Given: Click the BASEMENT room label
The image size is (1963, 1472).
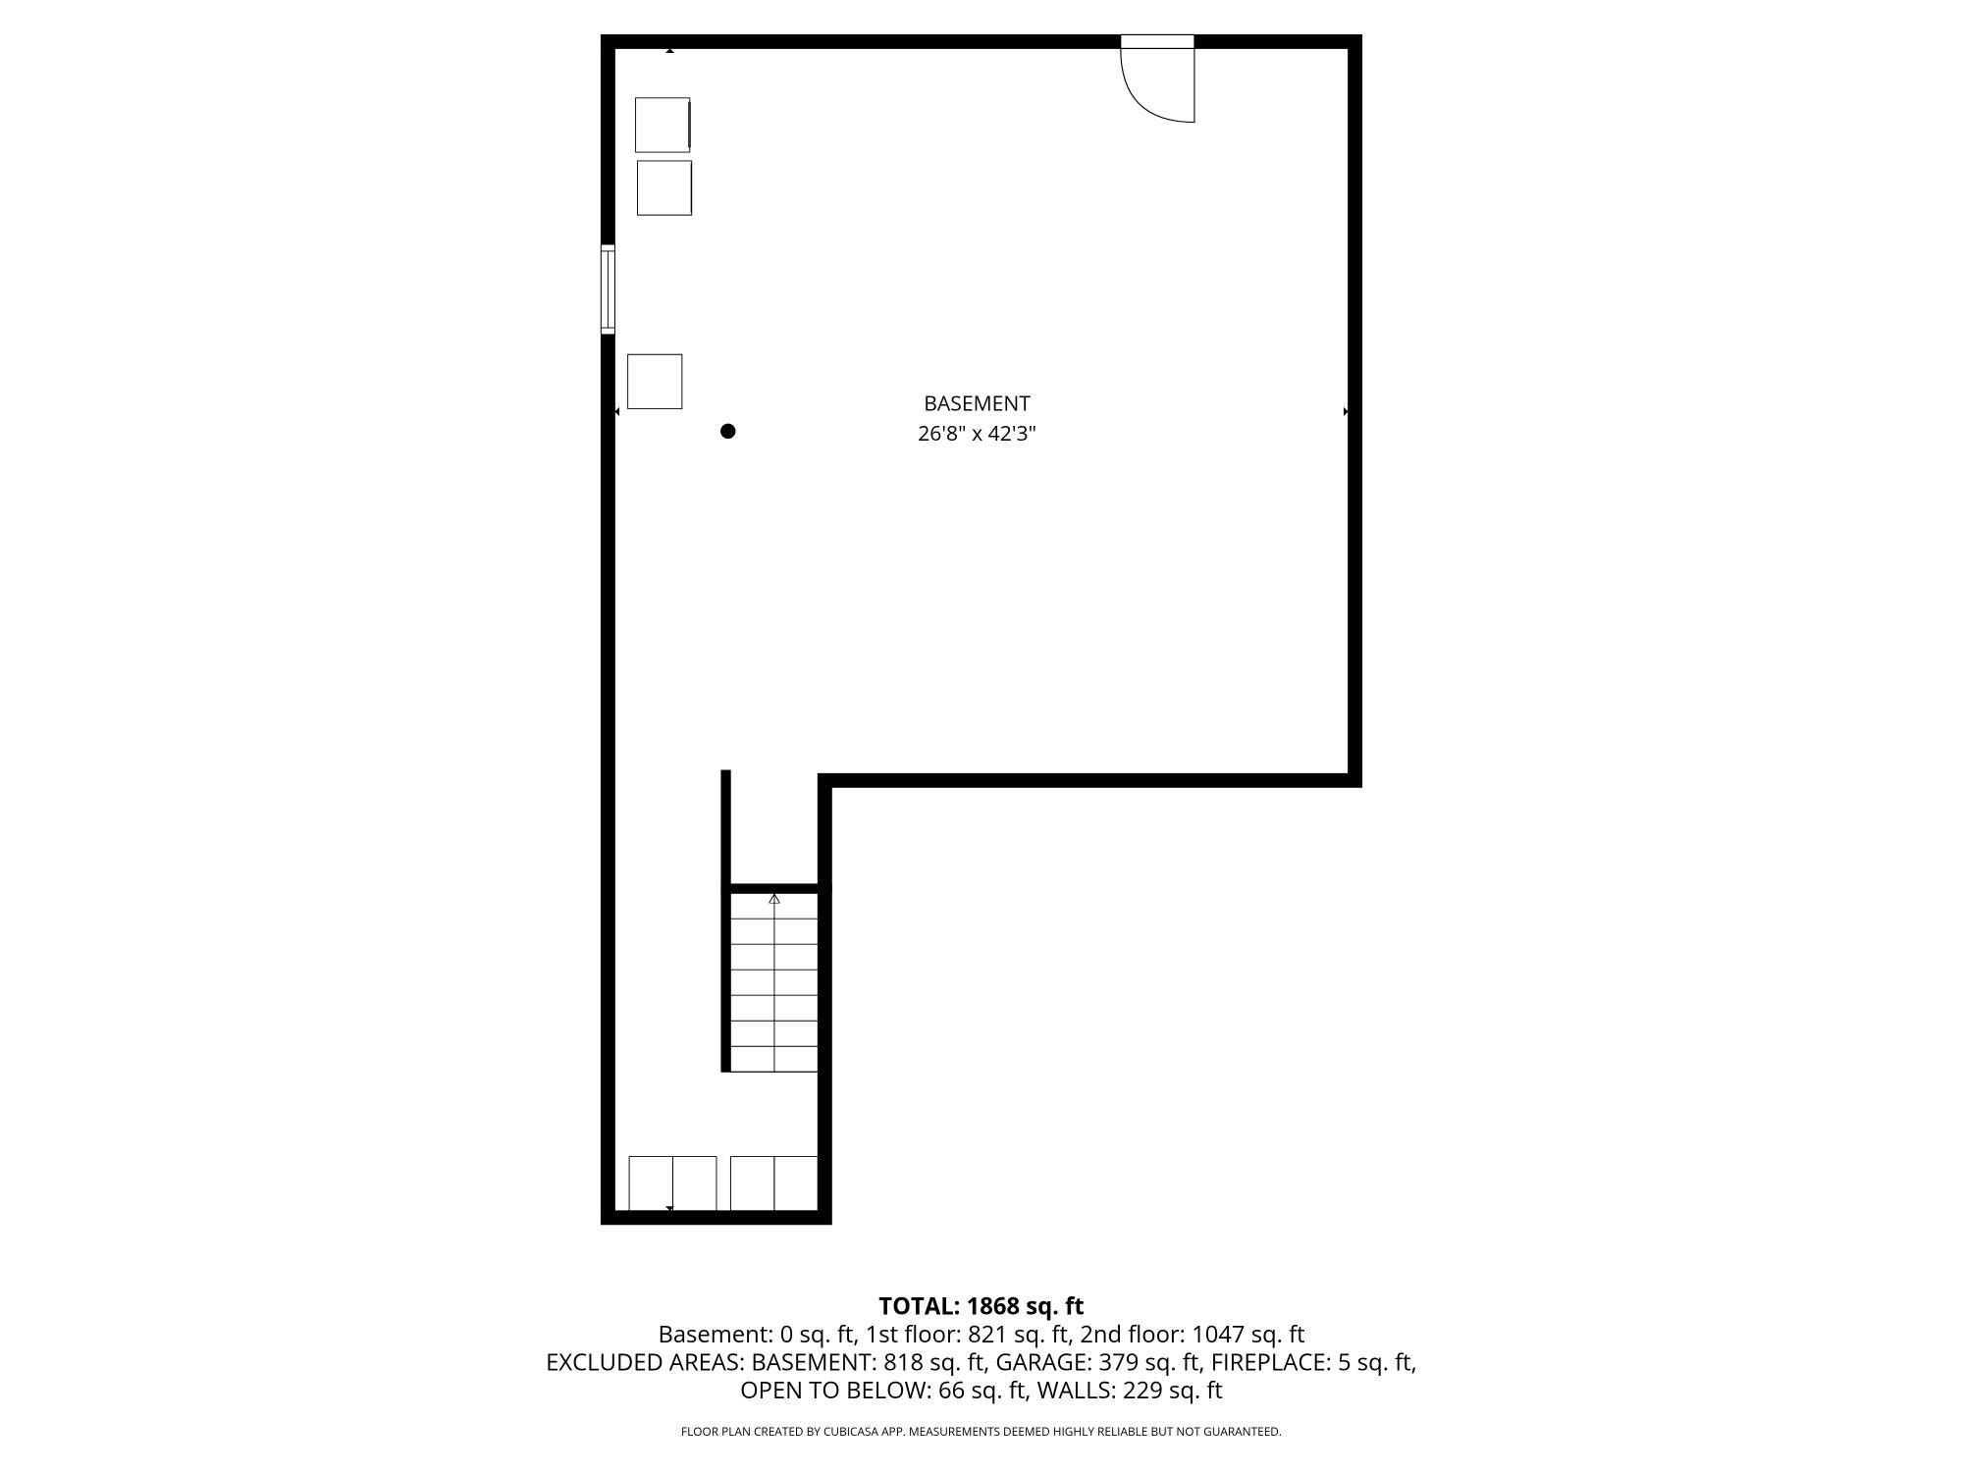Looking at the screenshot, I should pos(977,403).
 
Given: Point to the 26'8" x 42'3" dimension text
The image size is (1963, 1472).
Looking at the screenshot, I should pos(977,434).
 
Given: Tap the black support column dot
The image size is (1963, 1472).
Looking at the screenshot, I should pos(728,431).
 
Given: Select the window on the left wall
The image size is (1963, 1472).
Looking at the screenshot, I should pos(609,289).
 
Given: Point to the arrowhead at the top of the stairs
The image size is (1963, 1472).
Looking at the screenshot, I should pos(774,899).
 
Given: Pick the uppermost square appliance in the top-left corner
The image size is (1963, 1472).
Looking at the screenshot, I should pos(663,125).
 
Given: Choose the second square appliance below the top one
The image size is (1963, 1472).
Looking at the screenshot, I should pos(664,187).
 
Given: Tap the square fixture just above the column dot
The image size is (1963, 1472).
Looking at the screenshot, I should pos(655,382).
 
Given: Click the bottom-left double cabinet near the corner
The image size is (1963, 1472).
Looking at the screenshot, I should pos(672,1183).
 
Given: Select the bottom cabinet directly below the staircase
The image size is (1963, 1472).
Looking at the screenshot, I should pos(774,1183).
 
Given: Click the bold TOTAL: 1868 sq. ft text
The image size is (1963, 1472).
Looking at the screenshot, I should pos(981,1306).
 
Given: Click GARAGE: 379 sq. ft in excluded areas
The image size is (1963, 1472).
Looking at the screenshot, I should pos(1098,1362).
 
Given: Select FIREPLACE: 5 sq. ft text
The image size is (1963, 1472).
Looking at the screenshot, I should pos(1312,1362).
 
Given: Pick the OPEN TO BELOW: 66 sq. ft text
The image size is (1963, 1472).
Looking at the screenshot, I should pos(883,1391).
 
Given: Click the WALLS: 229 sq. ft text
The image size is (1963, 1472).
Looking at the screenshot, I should pos(1130,1391).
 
